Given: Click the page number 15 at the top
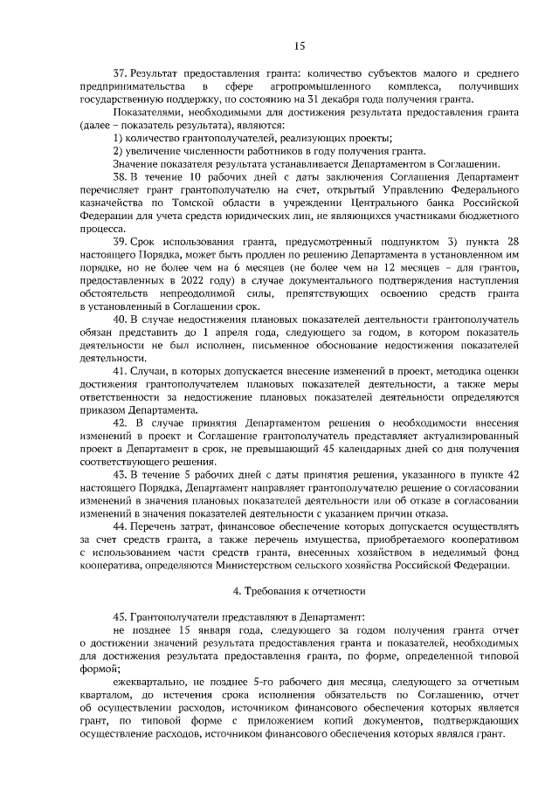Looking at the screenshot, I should click(300, 45).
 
